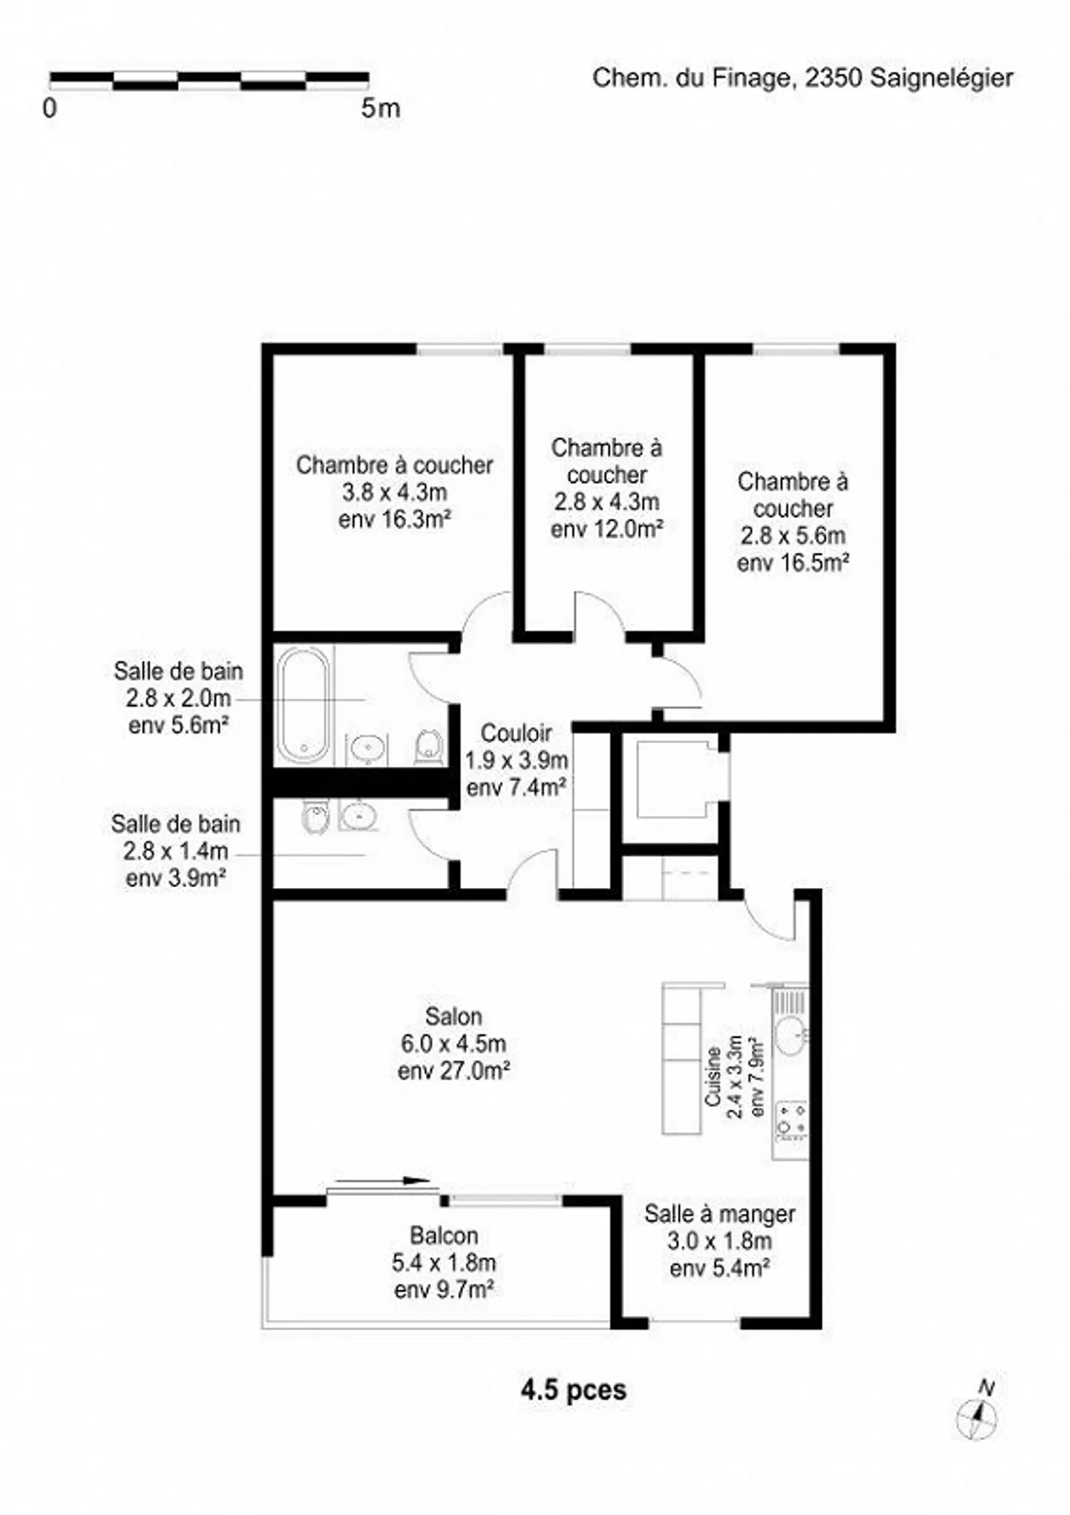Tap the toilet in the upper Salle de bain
pyautogui.click(x=429, y=746)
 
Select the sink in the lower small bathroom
pyautogui.click(x=360, y=815)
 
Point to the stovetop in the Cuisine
pyautogui.click(x=791, y=1120)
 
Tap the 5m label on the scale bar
pyautogui.click(x=380, y=108)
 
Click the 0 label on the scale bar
pyautogui.click(x=49, y=108)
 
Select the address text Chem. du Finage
pyautogui.click(x=690, y=78)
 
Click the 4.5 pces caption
pyautogui.click(x=574, y=1389)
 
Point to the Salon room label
pyautogui.click(x=453, y=1016)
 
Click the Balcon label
pyautogui.click(x=444, y=1236)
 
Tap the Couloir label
pyautogui.click(x=516, y=733)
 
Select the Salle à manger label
pyautogui.click(x=719, y=1214)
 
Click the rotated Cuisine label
pyautogui.click(x=713, y=1077)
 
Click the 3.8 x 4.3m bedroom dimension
pyautogui.click(x=395, y=492)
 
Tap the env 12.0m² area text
pyautogui.click(x=606, y=528)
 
